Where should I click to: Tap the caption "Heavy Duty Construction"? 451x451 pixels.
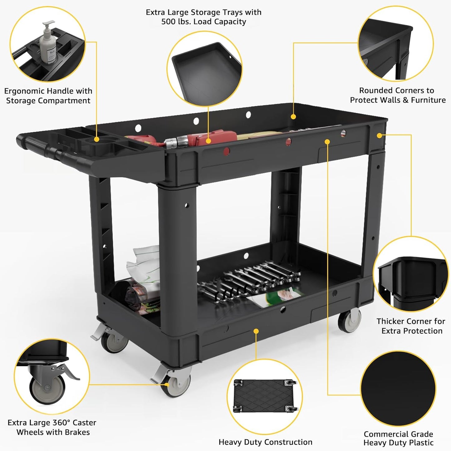(265, 442)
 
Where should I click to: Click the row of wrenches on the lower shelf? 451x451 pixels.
(250, 279)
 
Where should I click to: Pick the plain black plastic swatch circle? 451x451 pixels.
(398, 388)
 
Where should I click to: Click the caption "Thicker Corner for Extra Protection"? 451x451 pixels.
(411, 326)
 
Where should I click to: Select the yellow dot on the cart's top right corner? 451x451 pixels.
(379, 135)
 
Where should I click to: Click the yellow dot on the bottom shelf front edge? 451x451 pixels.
(256, 331)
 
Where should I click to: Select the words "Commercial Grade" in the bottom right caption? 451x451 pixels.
(398, 434)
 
